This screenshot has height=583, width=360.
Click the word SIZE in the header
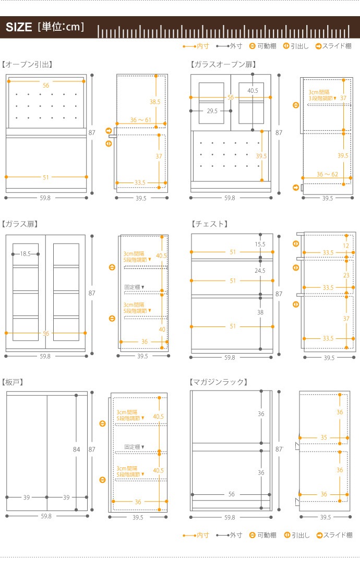click(19, 27)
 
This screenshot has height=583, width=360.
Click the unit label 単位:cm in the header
click(61, 27)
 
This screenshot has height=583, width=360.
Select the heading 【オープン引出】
click(27, 64)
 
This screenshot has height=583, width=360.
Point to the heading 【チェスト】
click(210, 224)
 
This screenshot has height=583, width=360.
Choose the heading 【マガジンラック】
click(219, 382)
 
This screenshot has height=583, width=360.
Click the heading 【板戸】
click(13, 382)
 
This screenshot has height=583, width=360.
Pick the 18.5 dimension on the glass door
click(25, 254)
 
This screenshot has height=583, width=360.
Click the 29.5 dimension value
click(212, 111)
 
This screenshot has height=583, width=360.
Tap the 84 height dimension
click(76, 449)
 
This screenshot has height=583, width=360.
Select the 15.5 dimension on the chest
click(260, 244)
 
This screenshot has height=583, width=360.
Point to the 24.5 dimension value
click(260, 271)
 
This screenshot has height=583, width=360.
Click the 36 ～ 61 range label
click(140, 120)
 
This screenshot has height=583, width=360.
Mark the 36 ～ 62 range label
click(327, 174)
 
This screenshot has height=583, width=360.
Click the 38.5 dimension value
click(155, 102)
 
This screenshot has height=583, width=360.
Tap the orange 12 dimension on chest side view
click(346, 246)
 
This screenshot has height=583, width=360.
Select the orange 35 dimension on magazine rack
click(324, 437)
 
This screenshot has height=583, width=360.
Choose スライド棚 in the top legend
click(337, 46)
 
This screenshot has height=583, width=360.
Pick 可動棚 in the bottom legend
click(267, 535)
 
